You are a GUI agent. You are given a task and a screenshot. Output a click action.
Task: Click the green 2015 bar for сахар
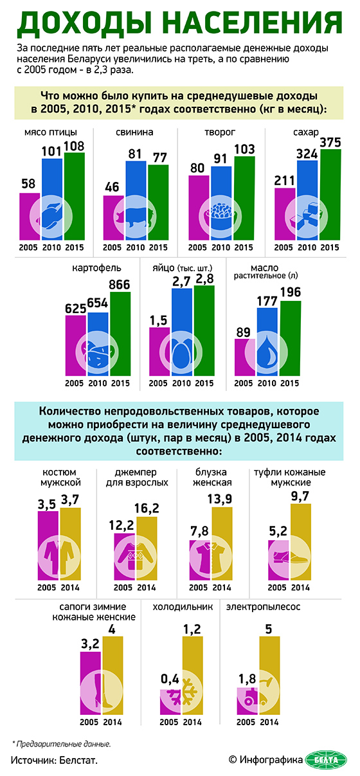click(x=330, y=195)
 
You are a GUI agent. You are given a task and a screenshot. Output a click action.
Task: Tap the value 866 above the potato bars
click(x=119, y=285)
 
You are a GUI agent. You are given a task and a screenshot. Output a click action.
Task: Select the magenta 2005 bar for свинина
click(x=114, y=218)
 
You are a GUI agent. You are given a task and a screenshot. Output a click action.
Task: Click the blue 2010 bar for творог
click(x=221, y=203)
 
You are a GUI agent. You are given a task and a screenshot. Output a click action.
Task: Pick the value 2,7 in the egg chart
click(x=181, y=282)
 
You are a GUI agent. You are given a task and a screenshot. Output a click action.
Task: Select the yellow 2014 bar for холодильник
click(x=193, y=676)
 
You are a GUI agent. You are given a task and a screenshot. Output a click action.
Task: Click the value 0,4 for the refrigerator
click(x=170, y=679)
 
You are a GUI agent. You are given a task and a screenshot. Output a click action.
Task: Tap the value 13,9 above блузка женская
click(x=219, y=499)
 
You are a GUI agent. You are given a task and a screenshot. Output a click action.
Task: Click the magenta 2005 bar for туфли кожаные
click(x=278, y=560)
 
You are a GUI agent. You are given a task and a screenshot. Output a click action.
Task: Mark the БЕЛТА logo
click(x=327, y=759)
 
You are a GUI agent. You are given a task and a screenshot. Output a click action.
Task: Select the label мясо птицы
click(x=51, y=132)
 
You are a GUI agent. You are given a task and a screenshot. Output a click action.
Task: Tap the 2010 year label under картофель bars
click(x=97, y=383)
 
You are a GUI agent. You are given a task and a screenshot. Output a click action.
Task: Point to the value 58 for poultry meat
click(x=28, y=184)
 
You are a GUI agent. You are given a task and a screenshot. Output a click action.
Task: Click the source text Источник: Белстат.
click(x=55, y=760)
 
